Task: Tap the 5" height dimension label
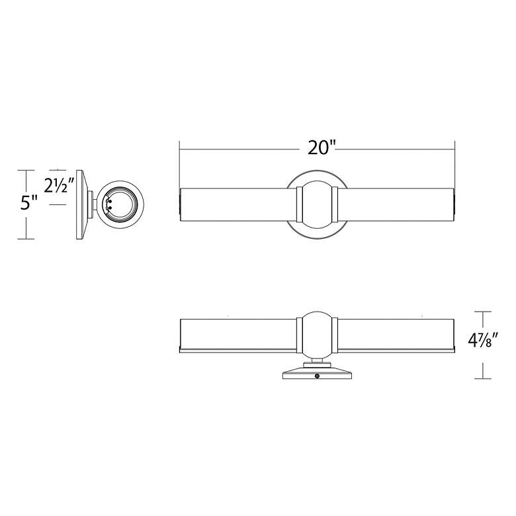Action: (29, 203)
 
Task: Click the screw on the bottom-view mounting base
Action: (318, 376)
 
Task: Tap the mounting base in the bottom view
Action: (318, 372)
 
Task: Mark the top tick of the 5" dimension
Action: (26, 170)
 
